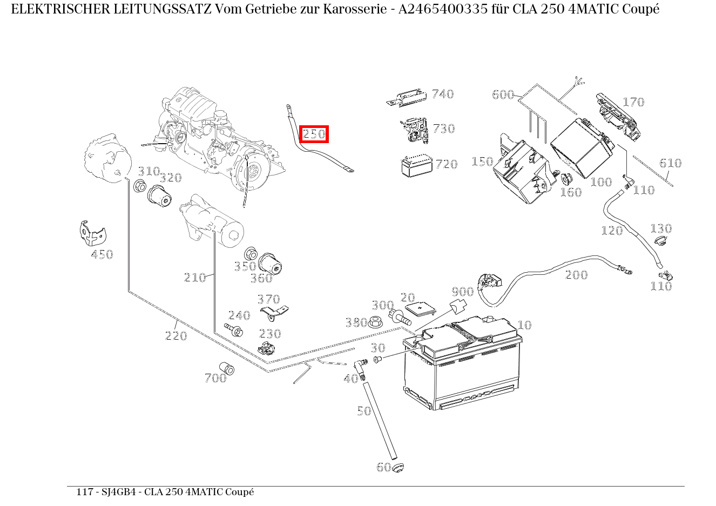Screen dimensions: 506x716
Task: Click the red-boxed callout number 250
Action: pos(314,134)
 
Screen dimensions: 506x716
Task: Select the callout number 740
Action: pos(442,94)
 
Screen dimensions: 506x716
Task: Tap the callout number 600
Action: pos(503,95)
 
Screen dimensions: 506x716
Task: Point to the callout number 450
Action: pos(102,254)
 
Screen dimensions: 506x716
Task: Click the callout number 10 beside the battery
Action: pos(524,325)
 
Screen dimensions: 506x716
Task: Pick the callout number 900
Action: pos(462,292)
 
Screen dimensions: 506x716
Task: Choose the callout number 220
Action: pos(175,336)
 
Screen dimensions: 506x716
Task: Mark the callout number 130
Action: pos(660,228)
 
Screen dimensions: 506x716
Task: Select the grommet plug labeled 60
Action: pos(398,467)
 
